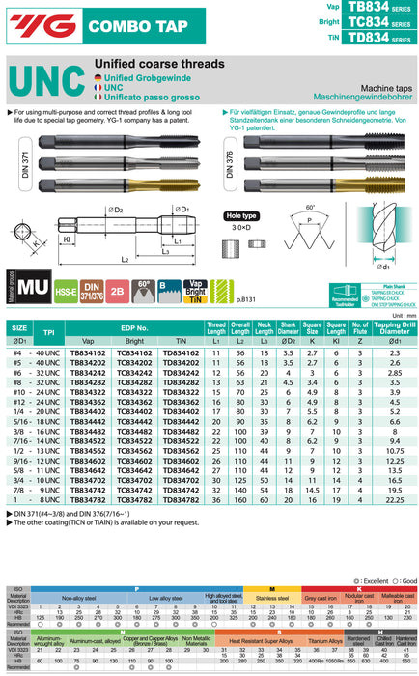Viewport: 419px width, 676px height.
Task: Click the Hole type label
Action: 241,217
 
